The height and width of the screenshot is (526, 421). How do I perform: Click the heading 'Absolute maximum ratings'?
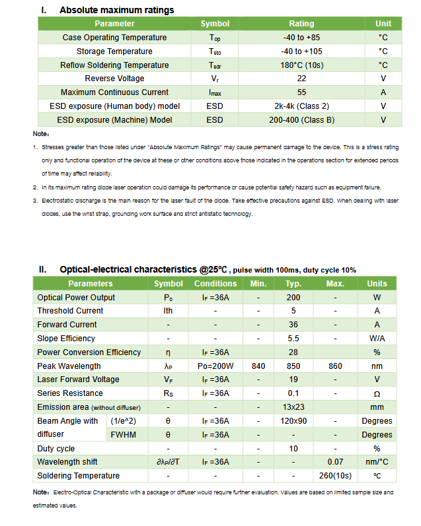coord(117,11)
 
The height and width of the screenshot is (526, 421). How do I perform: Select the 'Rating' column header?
coord(301,24)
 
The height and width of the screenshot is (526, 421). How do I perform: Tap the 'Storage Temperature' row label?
coord(114,51)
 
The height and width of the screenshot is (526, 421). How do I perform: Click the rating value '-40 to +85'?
coord(301,38)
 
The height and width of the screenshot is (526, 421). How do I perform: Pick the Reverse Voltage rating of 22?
coord(301,79)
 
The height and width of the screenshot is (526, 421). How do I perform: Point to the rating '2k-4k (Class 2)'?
coord(301,106)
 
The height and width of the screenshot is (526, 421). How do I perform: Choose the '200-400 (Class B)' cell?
coord(301,120)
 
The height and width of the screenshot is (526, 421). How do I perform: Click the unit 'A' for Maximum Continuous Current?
coord(383,92)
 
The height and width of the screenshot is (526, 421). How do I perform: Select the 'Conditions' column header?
coord(215,284)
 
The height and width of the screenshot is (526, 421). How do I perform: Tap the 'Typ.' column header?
coord(293,284)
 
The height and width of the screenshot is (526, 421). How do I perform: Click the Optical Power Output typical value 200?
coord(293,298)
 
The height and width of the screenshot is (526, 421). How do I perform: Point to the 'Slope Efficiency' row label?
coord(66,339)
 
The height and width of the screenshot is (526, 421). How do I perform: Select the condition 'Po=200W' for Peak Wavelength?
coord(215,366)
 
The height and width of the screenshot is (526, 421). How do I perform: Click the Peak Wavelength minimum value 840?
coord(258,366)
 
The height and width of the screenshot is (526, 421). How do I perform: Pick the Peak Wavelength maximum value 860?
coord(336,366)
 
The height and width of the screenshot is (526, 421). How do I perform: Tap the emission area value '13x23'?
coord(293,407)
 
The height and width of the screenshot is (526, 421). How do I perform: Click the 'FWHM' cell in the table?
coord(124,435)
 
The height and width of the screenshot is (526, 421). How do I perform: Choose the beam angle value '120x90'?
coord(293,421)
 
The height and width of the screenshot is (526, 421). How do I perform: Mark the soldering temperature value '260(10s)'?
coord(336,476)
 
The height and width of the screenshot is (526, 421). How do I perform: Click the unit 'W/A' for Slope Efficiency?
coord(377,339)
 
